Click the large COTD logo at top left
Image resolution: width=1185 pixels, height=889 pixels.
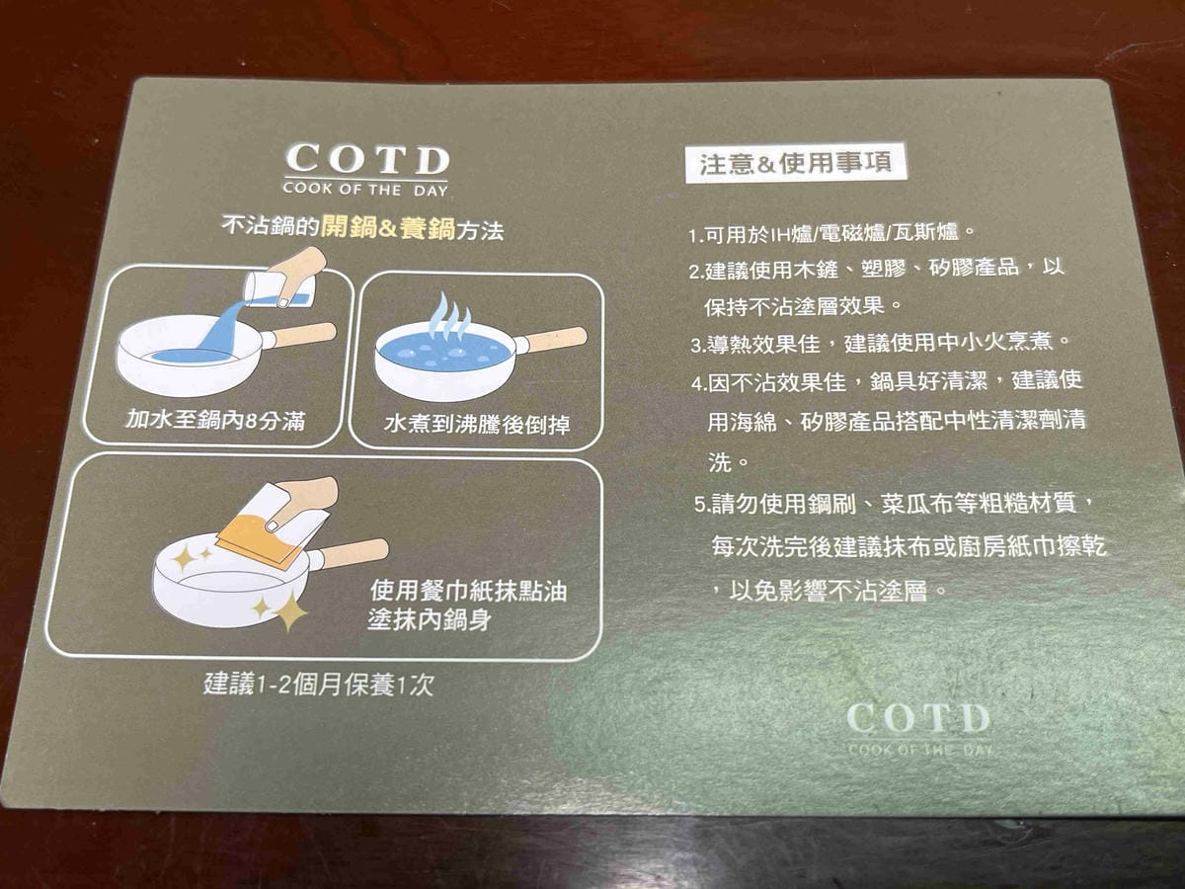pyautogui.click(x=366, y=160)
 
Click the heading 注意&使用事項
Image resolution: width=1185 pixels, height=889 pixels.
pyautogui.click(x=795, y=163)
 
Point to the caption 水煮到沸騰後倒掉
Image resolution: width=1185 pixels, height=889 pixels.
pyautogui.click(x=477, y=426)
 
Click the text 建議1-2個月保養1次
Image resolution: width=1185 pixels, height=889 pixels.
pyautogui.click(x=318, y=684)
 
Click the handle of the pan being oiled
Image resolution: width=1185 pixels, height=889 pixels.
pyautogui.click(x=354, y=553)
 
